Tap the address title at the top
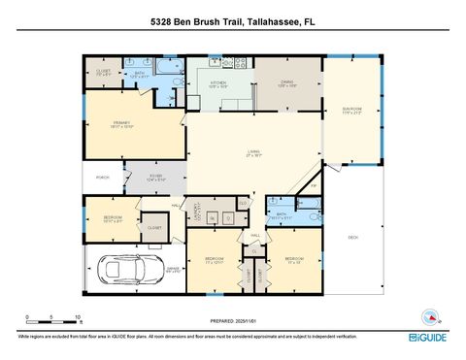233,21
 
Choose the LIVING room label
253,150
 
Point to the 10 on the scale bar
77,316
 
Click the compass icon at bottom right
429,316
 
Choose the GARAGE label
171,272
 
